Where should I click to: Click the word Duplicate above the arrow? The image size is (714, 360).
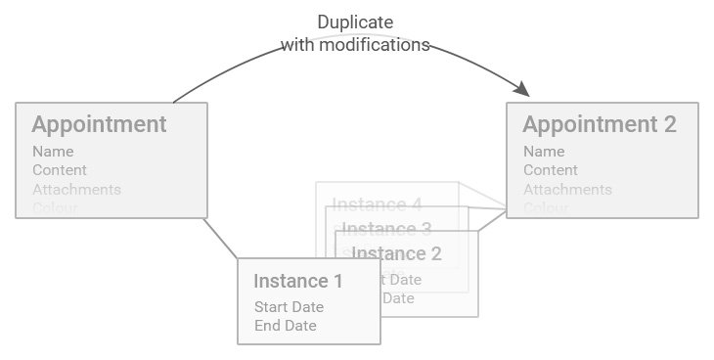click(356, 22)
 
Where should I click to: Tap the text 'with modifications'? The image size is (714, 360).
click(355, 45)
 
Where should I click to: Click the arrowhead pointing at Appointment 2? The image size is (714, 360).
click(522, 89)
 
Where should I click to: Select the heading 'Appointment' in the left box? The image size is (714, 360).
click(99, 124)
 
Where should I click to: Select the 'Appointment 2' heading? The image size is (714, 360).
click(599, 124)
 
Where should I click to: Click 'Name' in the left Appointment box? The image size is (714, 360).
click(53, 152)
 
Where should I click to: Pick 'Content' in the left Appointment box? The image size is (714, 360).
click(60, 170)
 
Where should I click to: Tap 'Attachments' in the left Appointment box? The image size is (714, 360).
click(76, 190)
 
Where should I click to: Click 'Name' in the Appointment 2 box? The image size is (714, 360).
click(544, 152)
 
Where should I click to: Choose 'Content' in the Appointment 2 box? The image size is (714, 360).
click(551, 170)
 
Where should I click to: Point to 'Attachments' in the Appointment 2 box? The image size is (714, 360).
click(567, 190)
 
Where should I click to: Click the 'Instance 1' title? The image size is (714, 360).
click(298, 282)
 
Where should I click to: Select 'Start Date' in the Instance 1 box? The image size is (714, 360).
click(289, 307)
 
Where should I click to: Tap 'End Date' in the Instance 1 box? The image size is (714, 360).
click(285, 326)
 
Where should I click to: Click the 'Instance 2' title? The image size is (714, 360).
click(396, 254)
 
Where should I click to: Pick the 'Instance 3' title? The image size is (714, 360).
click(386, 230)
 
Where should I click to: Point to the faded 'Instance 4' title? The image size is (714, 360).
click(377, 204)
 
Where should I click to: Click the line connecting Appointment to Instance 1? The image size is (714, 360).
click(220, 238)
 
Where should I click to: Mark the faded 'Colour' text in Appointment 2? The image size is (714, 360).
click(547, 207)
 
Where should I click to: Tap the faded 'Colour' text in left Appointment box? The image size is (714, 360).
click(55, 207)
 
